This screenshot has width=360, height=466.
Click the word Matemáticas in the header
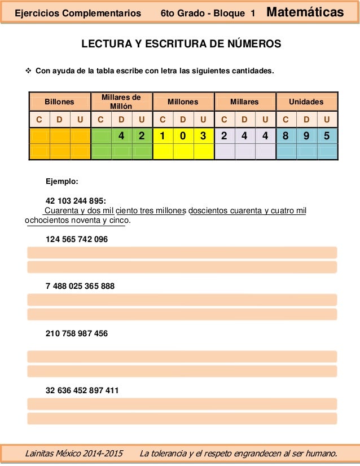(305, 12)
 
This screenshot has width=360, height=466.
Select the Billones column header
(60, 102)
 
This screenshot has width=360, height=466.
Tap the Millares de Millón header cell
(121, 102)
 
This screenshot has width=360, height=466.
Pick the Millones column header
(183, 102)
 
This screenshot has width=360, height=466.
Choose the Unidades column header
(306, 102)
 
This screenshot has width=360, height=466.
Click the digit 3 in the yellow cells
(203, 136)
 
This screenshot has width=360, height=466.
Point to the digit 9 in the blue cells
(306, 136)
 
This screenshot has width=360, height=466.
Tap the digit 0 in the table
(183, 136)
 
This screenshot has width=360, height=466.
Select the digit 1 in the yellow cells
(163, 136)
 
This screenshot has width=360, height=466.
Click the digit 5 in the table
(327, 136)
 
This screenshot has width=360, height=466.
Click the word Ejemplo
(62, 182)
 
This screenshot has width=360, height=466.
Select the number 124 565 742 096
(76, 239)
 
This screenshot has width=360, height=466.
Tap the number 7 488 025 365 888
(80, 286)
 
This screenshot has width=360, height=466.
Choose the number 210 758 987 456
(76, 333)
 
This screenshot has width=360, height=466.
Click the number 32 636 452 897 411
(82, 390)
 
